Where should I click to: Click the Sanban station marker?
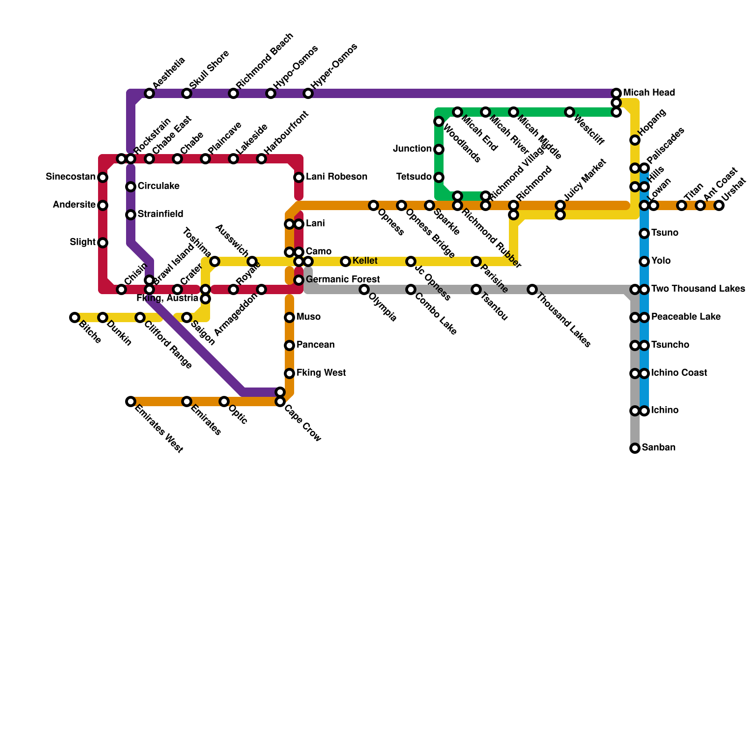click(x=635, y=448)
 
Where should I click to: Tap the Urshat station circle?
click(x=719, y=205)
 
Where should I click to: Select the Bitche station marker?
click(x=75, y=317)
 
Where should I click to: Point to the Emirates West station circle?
click(x=131, y=402)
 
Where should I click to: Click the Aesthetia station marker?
click(x=149, y=93)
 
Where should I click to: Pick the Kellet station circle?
click(x=345, y=261)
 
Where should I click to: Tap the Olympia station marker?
click(x=364, y=289)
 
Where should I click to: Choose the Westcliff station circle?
click(x=570, y=112)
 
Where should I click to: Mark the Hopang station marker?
click(x=635, y=140)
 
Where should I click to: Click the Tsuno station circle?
click(x=644, y=233)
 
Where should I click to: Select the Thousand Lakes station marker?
click(x=532, y=289)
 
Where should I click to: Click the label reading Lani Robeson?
click(x=336, y=177)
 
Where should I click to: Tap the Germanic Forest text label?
click(x=343, y=280)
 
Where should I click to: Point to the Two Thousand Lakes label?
click(x=698, y=289)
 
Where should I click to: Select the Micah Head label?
click(x=649, y=93)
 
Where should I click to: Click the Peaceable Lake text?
click(x=686, y=317)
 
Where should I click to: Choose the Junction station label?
click(x=412, y=149)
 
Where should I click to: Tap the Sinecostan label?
click(x=70, y=177)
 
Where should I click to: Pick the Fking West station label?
click(x=321, y=373)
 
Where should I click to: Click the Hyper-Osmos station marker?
click(x=308, y=93)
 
